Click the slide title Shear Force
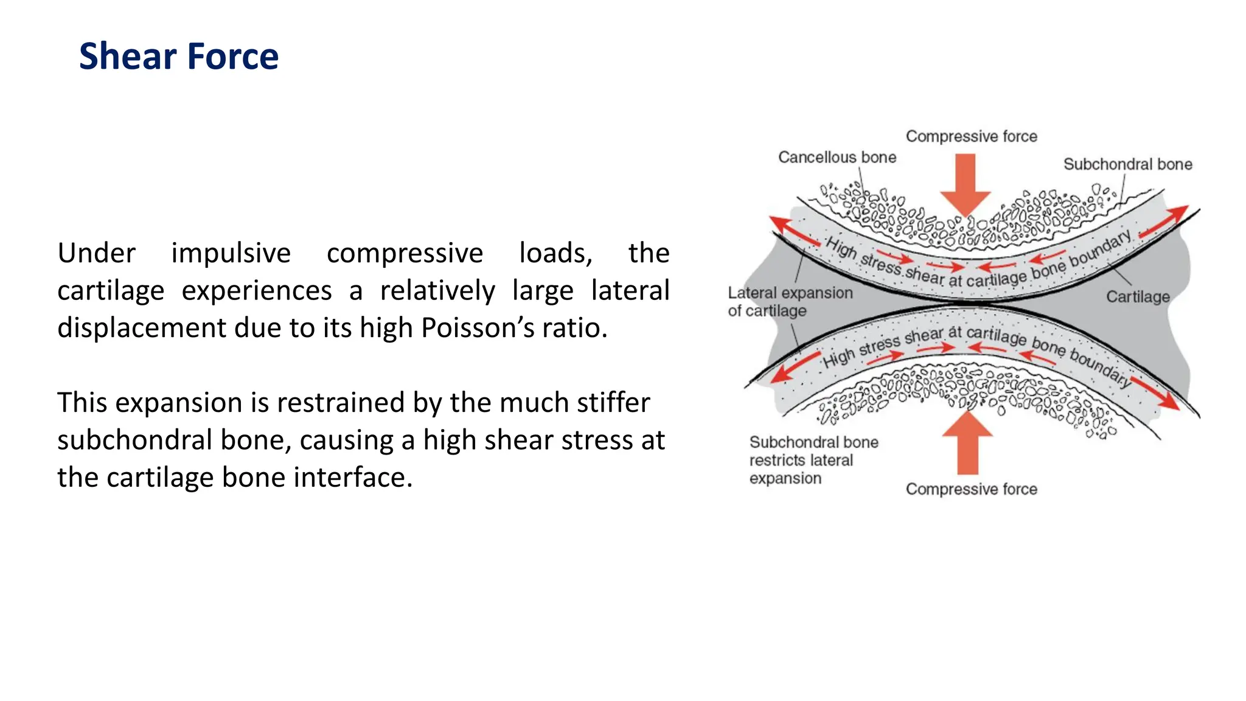click(179, 57)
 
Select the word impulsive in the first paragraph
click(231, 253)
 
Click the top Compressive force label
click(971, 136)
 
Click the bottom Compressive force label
click(971, 489)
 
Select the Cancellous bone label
click(837, 158)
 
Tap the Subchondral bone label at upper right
click(1127, 164)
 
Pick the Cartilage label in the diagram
click(1138, 297)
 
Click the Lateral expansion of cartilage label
click(790, 302)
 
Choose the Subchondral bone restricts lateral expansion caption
click(813, 460)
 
